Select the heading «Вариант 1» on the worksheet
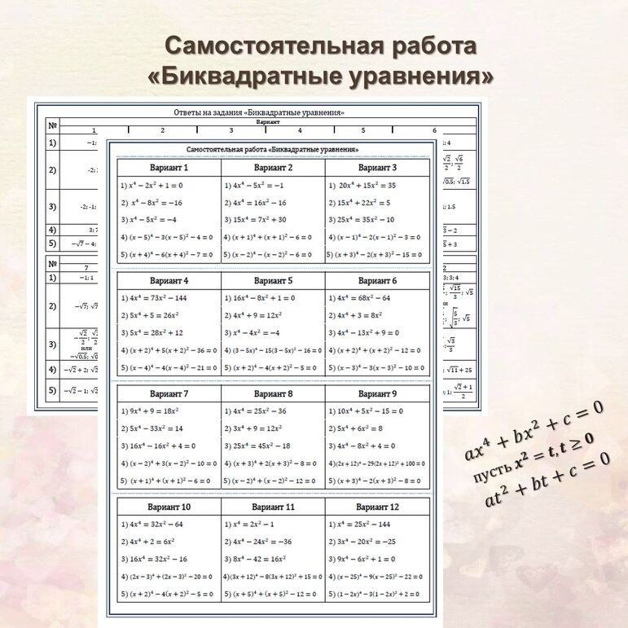pyautogui.click(x=169, y=168)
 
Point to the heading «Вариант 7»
pyautogui.click(x=169, y=394)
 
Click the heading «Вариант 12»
pyautogui.click(x=378, y=507)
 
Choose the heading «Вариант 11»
pyautogui.click(x=273, y=507)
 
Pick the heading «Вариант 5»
pyautogui.click(x=273, y=281)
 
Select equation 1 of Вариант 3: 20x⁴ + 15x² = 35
pyautogui.click(x=366, y=186)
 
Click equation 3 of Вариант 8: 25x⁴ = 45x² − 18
pyautogui.click(x=261, y=446)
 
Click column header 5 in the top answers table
pyautogui.click(x=363, y=130)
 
